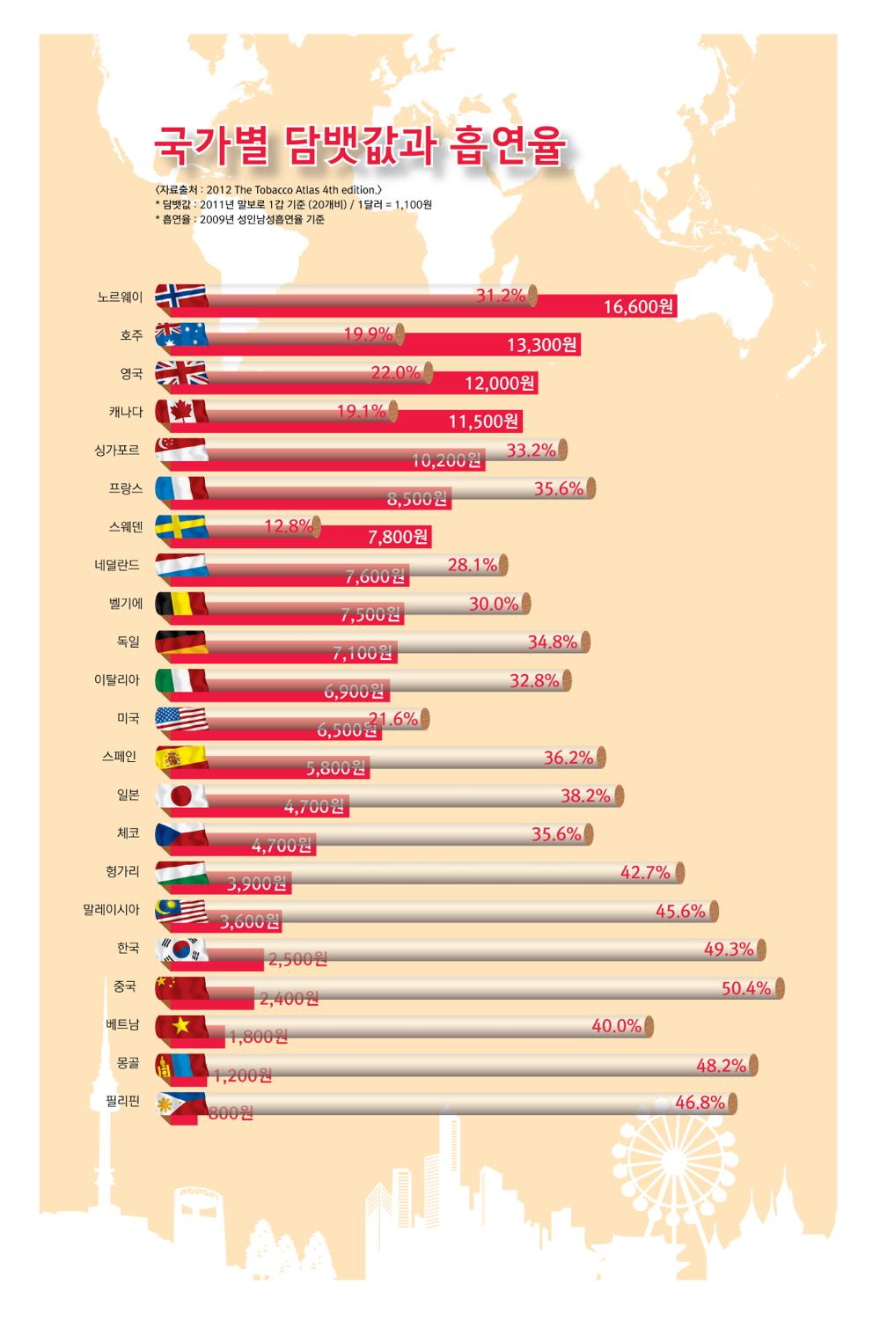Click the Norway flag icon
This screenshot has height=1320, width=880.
[x=181, y=297]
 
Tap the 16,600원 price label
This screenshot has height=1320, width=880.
[x=638, y=307]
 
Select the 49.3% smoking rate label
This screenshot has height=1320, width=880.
[x=728, y=950]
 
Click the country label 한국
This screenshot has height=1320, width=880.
[x=128, y=948]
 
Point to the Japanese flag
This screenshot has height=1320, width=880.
[x=181, y=796]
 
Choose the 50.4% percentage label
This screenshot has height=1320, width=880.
[x=745, y=988]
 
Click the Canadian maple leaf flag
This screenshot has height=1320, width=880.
[x=181, y=412]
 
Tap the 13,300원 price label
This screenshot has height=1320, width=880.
[x=541, y=345]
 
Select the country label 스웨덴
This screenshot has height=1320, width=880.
[x=126, y=527]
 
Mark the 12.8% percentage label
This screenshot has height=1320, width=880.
[x=288, y=526]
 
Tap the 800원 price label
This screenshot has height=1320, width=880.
[x=231, y=1113]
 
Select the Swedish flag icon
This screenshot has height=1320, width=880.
[x=181, y=526]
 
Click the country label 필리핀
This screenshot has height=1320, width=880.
[x=123, y=1101]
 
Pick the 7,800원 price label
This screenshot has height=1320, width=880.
[x=398, y=537]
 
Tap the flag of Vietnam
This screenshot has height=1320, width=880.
[x=181, y=1025]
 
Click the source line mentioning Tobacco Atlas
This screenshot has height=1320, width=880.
[x=268, y=189]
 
